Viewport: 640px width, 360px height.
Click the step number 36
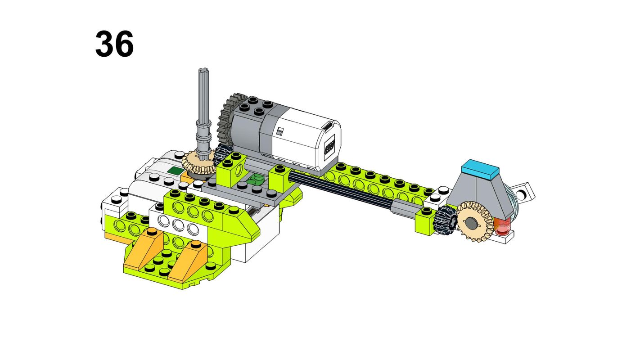(x=114, y=44)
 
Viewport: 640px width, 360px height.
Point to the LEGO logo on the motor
(x=329, y=147)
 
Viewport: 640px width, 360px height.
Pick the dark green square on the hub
(x=176, y=171)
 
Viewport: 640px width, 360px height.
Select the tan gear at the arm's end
(x=474, y=221)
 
